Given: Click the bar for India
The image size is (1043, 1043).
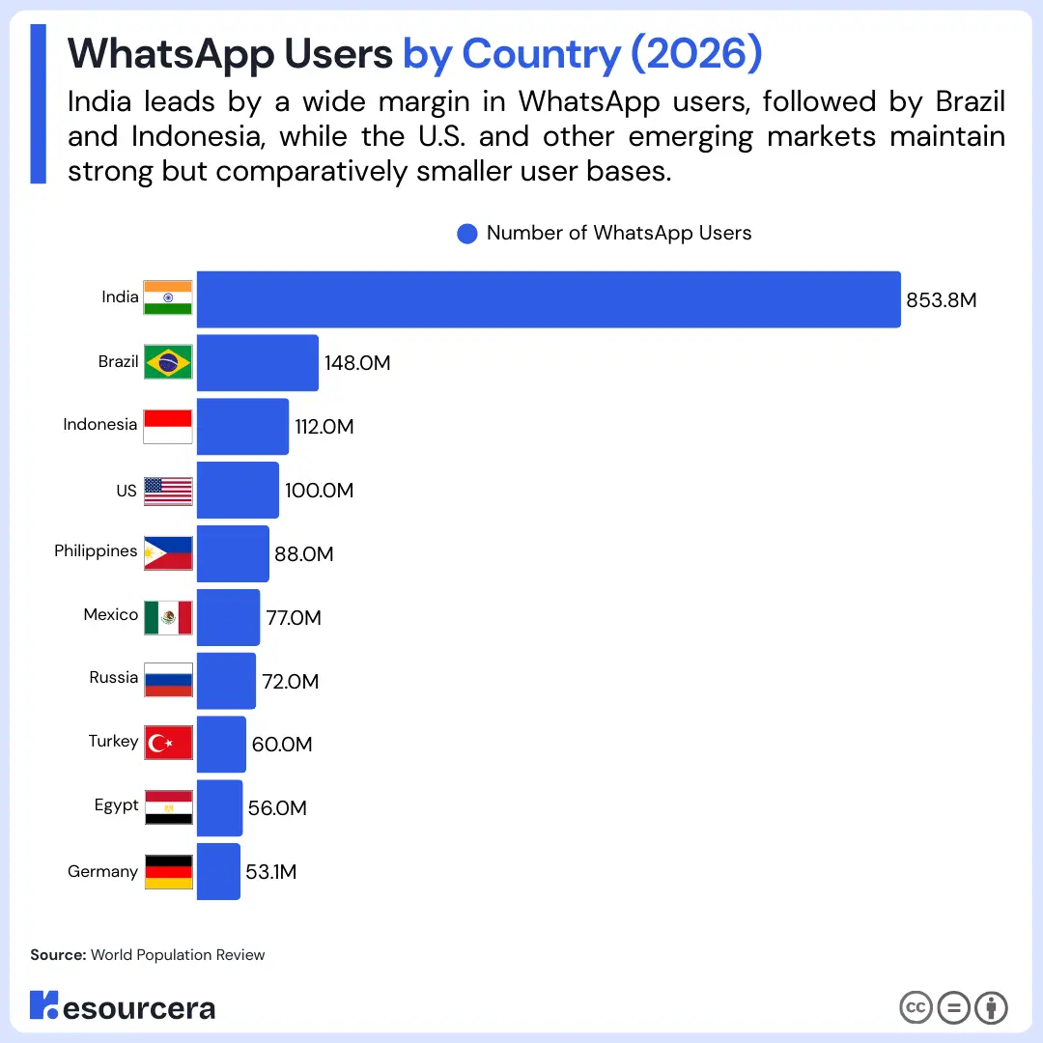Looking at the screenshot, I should tap(549, 299).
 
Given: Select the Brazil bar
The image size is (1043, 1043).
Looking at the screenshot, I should tap(257, 363).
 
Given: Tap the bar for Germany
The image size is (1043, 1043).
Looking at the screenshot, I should tap(218, 871).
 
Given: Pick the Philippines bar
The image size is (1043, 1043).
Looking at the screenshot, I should tap(233, 553).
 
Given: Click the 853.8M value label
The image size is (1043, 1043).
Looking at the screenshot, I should tap(941, 300).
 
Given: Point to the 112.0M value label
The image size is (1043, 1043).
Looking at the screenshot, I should tap(324, 427).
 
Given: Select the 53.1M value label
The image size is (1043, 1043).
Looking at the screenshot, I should tap(270, 872).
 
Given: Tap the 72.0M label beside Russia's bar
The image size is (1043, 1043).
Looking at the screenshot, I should tap(290, 682).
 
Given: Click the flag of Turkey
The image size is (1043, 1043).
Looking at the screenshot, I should tap(168, 743).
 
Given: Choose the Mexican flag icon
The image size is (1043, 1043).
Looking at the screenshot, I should tap(168, 617).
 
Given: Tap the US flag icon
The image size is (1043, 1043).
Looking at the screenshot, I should tap(168, 491).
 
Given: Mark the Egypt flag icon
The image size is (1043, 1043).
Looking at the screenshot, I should tap(168, 806).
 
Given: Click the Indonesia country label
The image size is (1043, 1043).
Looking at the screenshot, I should tap(100, 425).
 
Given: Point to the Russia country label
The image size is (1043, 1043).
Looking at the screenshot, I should tap(114, 678).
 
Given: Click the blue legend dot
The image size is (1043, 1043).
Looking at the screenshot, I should tap(467, 234).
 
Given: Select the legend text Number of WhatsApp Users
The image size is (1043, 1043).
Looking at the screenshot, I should tap(618, 234).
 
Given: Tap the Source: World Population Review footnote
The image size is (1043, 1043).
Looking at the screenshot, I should tap(148, 954).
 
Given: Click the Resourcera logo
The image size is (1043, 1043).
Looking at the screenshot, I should tap(122, 1006).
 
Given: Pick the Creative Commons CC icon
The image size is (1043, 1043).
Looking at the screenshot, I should tap(916, 1007).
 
